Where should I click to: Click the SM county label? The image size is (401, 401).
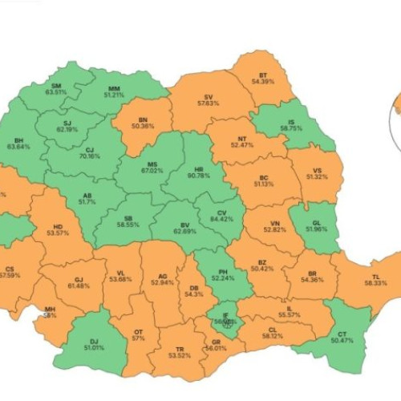56,85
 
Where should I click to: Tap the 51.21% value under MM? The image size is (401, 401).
114,95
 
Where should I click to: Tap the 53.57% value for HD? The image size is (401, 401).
57,233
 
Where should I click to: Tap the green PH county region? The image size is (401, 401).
215,273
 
